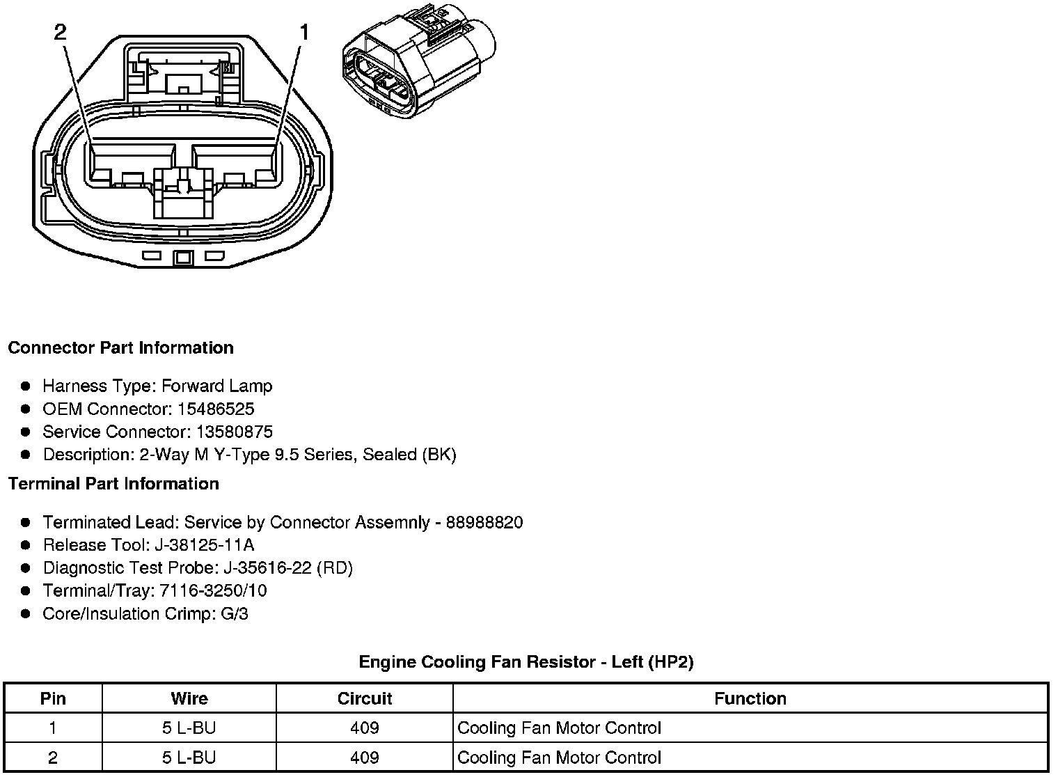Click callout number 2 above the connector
click(x=61, y=32)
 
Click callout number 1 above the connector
click(x=305, y=32)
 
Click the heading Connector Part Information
click(x=120, y=347)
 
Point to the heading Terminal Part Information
click(x=113, y=483)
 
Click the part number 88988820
click(x=484, y=522)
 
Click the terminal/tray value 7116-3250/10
click(x=213, y=590)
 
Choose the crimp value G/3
click(x=234, y=613)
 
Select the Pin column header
click(x=53, y=698)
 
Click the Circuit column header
click(x=365, y=698)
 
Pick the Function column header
click(x=750, y=698)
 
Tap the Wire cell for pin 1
click(x=189, y=728)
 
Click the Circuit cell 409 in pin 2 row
click(x=365, y=758)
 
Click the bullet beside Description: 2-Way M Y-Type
click(x=26, y=455)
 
